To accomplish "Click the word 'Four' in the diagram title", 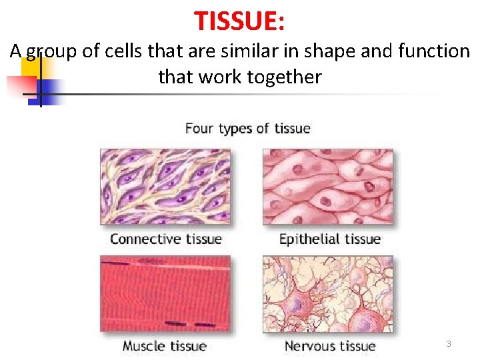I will pyautogui.click(x=199, y=128).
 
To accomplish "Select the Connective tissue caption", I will pyautogui.click(x=165, y=239).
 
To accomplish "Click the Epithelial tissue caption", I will pyautogui.click(x=329, y=239).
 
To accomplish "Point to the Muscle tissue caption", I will pyautogui.click(x=164, y=346).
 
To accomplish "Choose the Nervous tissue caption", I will pyautogui.click(x=329, y=346).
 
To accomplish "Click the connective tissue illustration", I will pyautogui.click(x=165, y=187).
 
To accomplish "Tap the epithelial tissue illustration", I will pyautogui.click(x=328, y=187).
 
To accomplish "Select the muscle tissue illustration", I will pyautogui.click(x=165, y=293).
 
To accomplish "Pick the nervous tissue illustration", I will pyautogui.click(x=328, y=293).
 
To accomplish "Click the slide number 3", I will pyautogui.click(x=449, y=344).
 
